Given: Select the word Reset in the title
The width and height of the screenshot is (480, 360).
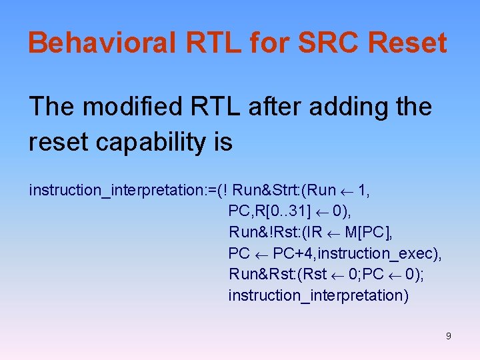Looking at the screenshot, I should (411, 43).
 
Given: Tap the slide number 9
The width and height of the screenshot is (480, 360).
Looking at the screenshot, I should (448, 336).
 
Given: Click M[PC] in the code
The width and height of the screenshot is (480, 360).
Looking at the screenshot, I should (370, 232).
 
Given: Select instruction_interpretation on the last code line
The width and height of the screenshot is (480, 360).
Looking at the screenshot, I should (318, 295).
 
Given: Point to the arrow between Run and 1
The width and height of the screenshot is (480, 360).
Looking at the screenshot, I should (347, 191).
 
